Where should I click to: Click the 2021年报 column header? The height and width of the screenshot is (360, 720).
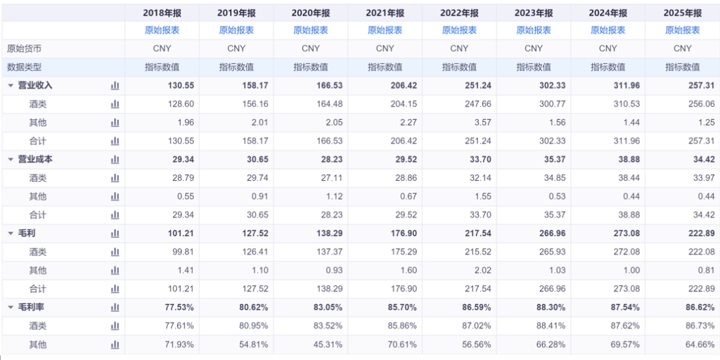tap(385, 13)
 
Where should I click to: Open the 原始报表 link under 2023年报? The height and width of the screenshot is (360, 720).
tap(533, 30)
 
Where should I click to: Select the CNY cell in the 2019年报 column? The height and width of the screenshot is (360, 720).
tap(237, 49)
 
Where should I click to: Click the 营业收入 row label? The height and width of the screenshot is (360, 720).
tap(35, 85)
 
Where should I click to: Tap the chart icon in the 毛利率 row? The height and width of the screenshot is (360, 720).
tap(115, 307)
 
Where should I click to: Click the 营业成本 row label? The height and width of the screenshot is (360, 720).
tap(35, 159)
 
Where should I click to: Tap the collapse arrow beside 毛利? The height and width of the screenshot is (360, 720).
tap(11, 233)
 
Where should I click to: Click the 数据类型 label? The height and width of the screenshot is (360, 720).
tap(24, 67)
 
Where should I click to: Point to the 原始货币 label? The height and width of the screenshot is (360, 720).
tap(24, 49)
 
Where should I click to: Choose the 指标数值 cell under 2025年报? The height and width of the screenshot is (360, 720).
tap(683, 67)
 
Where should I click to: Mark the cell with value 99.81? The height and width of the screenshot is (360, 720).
tap(184, 251)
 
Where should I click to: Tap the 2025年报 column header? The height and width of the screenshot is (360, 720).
tap(683, 13)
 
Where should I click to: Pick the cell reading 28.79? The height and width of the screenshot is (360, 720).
tap(184, 178)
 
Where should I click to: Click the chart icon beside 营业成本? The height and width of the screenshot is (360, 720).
tap(115, 159)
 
